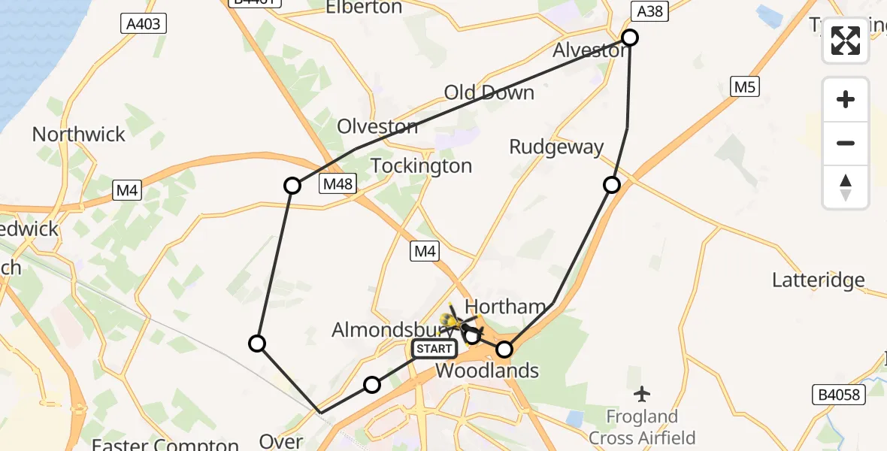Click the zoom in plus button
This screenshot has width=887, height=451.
846,99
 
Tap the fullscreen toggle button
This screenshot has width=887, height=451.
846,41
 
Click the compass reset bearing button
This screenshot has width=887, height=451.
846,186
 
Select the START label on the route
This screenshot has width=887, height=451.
434,349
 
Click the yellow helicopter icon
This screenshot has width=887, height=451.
459,321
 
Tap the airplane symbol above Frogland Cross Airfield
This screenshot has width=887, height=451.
642,393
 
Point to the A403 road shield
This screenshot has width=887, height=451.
143,24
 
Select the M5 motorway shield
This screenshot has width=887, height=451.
744,87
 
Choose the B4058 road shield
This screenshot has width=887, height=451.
839,395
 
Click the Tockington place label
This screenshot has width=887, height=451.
422,165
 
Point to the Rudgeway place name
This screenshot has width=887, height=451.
556,147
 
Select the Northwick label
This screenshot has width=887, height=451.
79,135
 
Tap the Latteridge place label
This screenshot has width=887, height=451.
819,280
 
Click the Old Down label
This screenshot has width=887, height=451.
489,92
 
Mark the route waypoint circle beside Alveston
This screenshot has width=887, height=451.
630,38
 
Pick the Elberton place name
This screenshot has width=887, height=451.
363,8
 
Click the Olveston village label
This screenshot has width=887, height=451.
377,126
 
